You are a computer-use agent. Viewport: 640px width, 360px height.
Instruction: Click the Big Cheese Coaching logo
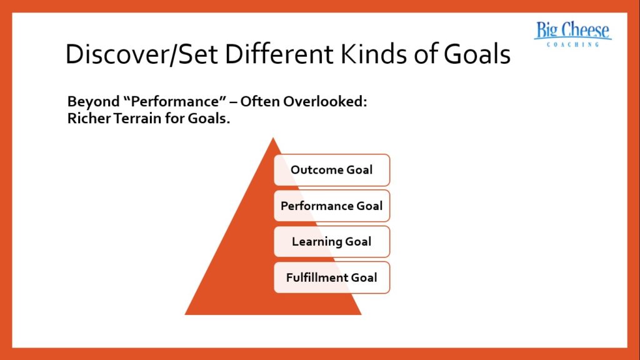click(572, 35)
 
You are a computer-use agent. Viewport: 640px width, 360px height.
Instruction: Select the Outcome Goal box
click(332, 170)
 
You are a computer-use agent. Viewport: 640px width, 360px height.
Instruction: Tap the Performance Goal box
click(332, 206)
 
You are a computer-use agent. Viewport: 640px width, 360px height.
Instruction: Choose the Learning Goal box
click(332, 241)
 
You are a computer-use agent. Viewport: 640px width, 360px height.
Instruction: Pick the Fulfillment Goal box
click(332, 277)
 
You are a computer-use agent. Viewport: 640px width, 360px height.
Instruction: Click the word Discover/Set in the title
click(141, 55)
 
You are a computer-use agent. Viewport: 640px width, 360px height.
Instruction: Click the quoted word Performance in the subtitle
click(162, 102)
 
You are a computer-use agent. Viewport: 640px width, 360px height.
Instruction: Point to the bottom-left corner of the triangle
click(186, 314)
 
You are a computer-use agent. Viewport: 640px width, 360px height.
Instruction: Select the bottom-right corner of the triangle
click(361, 314)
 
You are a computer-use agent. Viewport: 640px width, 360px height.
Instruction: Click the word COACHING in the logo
click(572, 45)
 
